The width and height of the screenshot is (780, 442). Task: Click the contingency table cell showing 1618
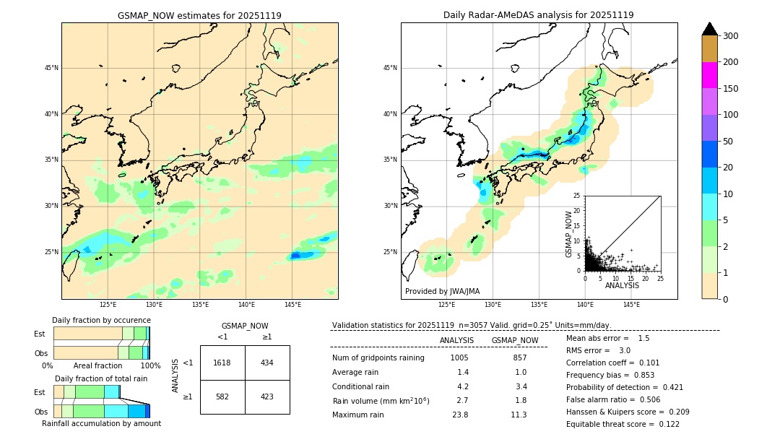(x=222, y=363)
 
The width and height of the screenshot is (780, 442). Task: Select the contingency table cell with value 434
(x=267, y=363)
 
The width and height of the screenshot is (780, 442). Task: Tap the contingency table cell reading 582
(x=222, y=396)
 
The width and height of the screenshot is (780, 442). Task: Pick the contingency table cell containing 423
(x=267, y=396)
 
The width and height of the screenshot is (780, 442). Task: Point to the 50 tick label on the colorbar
(x=730, y=142)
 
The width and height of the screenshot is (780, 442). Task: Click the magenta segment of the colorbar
(x=709, y=75)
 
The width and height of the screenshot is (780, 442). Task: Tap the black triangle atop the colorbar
(x=709, y=29)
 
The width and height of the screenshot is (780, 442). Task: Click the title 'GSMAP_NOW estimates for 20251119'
(x=199, y=15)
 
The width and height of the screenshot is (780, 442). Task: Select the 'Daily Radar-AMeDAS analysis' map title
(x=539, y=15)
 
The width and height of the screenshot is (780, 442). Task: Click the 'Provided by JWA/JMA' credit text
(x=442, y=292)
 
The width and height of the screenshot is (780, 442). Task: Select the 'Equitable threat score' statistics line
(x=623, y=424)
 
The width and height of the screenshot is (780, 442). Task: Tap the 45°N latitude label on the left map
(x=51, y=68)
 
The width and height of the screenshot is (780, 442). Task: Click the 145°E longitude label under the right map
(x=631, y=305)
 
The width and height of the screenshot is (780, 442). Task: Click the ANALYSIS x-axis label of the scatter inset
(x=622, y=285)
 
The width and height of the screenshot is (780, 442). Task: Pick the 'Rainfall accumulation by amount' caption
(x=101, y=423)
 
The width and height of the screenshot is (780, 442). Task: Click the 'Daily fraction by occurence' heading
(x=101, y=320)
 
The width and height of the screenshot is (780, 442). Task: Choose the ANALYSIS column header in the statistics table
(x=456, y=340)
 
